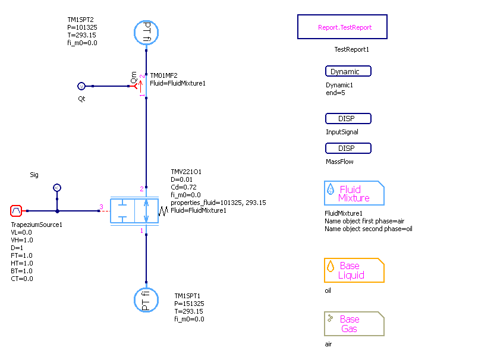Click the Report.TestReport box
tap(342, 27)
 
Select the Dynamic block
tap(348, 71)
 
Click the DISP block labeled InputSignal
tap(348, 119)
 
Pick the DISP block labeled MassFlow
tap(348, 148)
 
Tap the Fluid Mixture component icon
tap(354, 193)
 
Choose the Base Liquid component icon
tap(354, 270)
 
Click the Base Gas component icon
tap(354, 324)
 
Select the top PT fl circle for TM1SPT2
tap(146, 33)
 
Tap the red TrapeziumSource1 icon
tap(16, 211)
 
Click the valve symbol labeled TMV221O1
tap(135, 211)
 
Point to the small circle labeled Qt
tap(82, 86)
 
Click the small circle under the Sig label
tap(57, 188)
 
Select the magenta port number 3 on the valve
tap(101, 207)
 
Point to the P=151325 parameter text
tap(189, 304)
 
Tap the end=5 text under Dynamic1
tap(335, 93)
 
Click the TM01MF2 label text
tap(163, 76)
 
